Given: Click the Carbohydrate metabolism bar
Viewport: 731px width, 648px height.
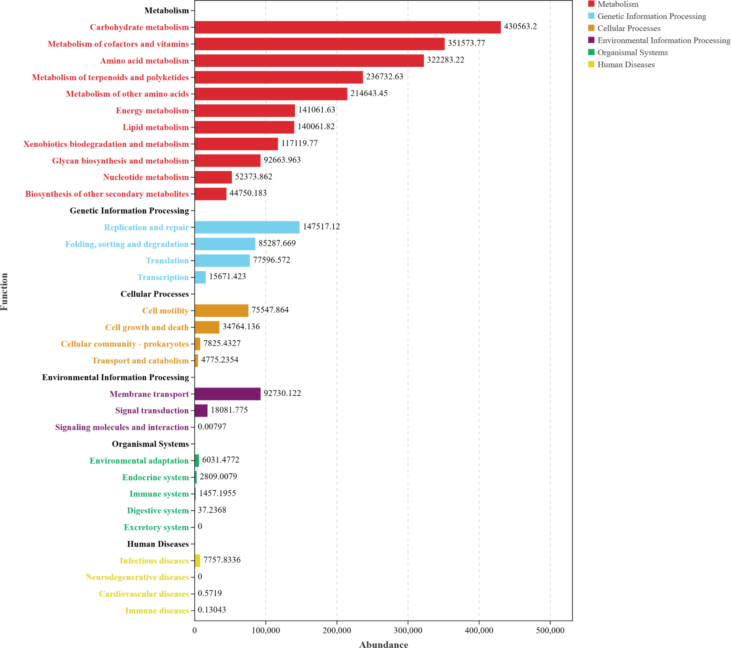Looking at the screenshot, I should tap(347, 27).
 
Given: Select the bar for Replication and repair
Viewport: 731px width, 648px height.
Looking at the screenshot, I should tap(247, 227).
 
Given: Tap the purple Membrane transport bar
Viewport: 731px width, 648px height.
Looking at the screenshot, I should tap(227, 394).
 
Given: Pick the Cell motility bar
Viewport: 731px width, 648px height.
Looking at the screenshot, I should tap(221, 310).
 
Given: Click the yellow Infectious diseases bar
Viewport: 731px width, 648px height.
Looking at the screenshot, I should tap(197, 560).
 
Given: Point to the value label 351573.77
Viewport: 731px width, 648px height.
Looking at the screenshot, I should tap(466, 43).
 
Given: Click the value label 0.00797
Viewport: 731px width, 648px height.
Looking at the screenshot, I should tap(212, 426).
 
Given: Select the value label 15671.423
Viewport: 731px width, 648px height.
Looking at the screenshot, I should tap(227, 276).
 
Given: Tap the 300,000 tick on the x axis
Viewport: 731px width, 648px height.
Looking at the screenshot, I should tap(408, 630).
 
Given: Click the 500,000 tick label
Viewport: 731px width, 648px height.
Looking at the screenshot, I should tap(550, 630).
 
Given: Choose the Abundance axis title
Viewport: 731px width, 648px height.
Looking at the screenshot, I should tap(383, 644).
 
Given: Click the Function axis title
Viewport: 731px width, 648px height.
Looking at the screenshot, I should tap(4, 292).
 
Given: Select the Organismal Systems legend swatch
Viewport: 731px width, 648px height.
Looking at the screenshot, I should tap(591, 52).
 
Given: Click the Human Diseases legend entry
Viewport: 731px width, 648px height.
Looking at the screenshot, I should tap(626, 65).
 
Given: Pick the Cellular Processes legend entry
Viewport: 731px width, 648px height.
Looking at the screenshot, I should tap(629, 28).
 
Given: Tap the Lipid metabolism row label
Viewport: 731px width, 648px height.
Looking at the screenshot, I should tap(156, 127).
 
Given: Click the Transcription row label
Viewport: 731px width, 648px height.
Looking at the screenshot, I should tap(163, 277).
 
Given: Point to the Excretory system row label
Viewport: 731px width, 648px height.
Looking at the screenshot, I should tap(156, 527).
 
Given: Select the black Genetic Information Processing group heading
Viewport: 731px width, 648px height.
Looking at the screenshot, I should tap(129, 210).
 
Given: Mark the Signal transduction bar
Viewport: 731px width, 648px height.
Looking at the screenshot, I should tap(201, 410).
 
